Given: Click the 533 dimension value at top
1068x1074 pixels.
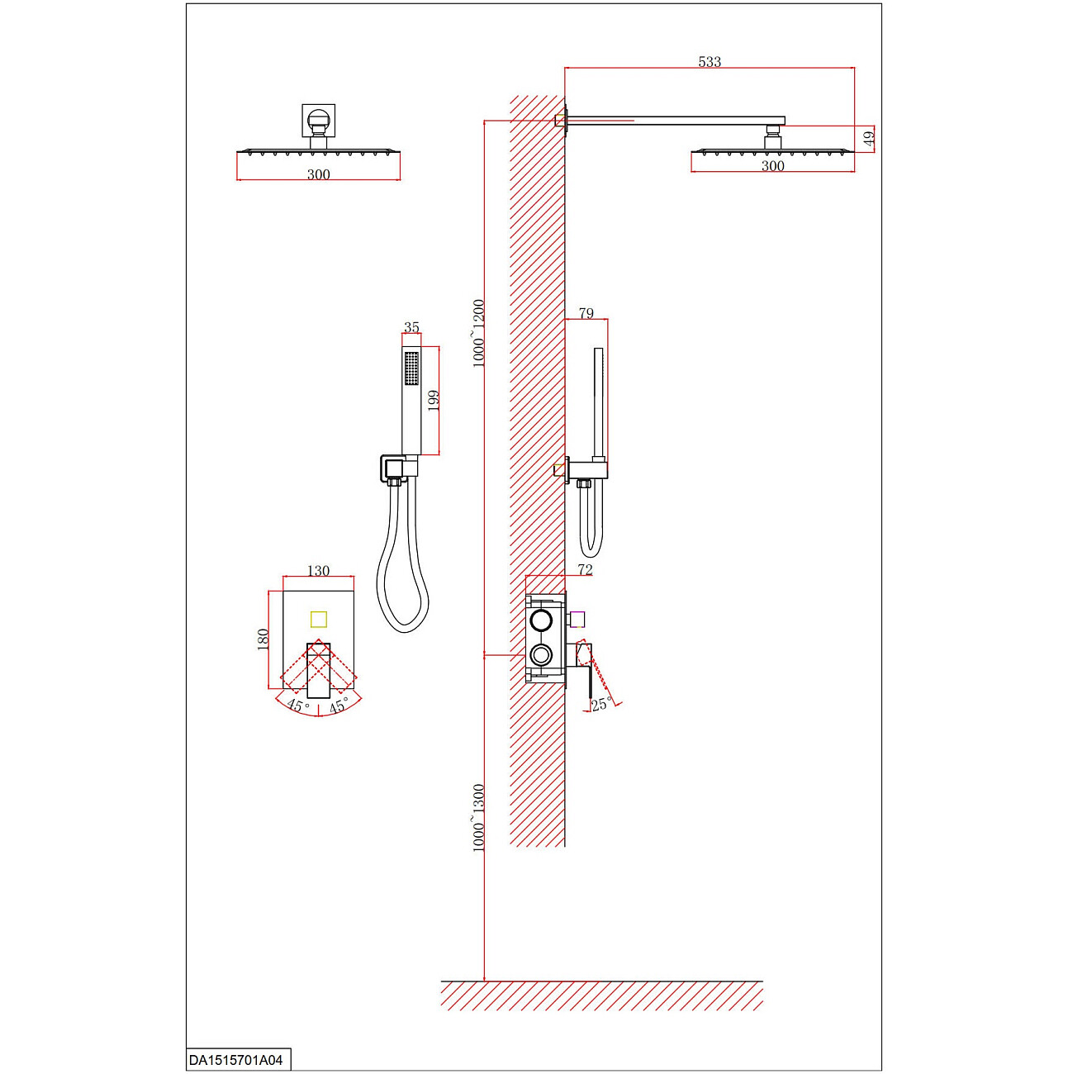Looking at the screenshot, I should click(x=709, y=62).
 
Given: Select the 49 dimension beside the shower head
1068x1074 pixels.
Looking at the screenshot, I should click(x=868, y=139).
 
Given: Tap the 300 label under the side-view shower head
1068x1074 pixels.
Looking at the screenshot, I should click(x=772, y=166).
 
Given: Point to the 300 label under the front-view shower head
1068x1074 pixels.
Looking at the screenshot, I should click(x=318, y=174).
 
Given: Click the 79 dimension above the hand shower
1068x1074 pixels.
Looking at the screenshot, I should click(x=586, y=314).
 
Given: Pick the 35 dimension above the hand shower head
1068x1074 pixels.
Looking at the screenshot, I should click(x=411, y=327).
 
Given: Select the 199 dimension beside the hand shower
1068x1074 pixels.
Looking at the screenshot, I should click(x=434, y=400).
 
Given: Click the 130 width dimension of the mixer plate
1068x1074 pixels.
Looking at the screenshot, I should click(x=318, y=571).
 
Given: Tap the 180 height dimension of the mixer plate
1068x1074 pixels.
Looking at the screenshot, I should click(x=263, y=639).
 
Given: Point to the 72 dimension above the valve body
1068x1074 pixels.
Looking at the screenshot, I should click(x=585, y=570).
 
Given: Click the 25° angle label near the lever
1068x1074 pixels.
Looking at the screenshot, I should click(x=602, y=704).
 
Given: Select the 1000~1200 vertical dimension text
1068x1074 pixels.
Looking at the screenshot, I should click(x=478, y=334).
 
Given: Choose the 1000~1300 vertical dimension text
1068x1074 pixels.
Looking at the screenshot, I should click(x=478, y=818).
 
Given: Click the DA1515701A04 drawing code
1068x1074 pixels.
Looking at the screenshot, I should click(x=236, y=1060).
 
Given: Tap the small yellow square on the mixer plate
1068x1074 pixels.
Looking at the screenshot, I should click(x=318, y=619).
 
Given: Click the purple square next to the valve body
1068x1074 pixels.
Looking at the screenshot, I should click(x=577, y=619).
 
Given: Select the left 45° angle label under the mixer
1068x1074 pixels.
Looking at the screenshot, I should click(x=297, y=706).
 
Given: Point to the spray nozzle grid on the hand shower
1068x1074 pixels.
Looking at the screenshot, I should click(x=411, y=368).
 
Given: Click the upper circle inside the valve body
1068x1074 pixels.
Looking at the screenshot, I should click(x=542, y=620).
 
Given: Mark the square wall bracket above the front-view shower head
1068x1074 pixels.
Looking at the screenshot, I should click(x=318, y=120).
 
